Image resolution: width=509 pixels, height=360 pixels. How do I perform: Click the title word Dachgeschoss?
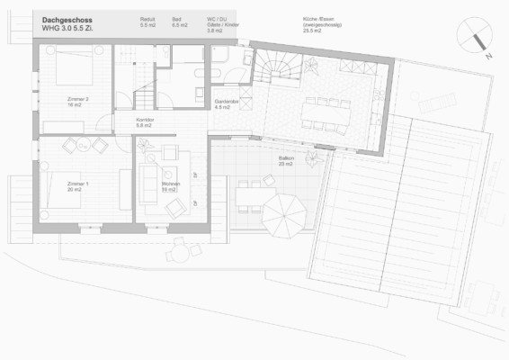67,18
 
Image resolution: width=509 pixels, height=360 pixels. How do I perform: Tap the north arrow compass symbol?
474,37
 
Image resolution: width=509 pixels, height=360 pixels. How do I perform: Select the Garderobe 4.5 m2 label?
227,105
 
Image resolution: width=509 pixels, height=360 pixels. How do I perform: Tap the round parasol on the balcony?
288,215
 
